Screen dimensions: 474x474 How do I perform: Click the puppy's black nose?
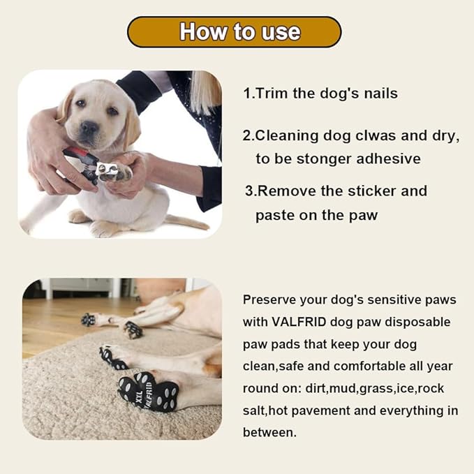coord(89,128)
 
